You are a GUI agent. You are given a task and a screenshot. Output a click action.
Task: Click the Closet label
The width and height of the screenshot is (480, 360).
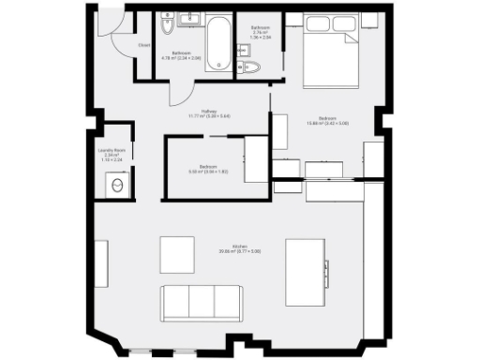tap(144, 45)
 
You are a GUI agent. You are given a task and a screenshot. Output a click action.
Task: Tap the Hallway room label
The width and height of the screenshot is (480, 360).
tap(196, 113)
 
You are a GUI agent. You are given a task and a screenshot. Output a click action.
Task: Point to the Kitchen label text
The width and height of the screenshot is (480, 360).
tap(226, 248)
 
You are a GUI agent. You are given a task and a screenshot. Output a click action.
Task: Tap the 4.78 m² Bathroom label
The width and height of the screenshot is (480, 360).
tap(182, 55)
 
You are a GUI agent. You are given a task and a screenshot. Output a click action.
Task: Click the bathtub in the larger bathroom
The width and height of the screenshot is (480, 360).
tap(218, 42)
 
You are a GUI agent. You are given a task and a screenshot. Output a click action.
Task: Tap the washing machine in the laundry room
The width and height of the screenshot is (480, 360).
tap(116, 186)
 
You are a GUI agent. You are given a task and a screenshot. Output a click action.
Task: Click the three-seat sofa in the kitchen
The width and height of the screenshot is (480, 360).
tap(201, 301)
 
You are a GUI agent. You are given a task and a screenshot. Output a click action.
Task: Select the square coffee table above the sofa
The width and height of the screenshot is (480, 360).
tap(177, 254)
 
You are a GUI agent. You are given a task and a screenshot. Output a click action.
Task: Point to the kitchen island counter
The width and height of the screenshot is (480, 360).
tap(306, 270)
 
